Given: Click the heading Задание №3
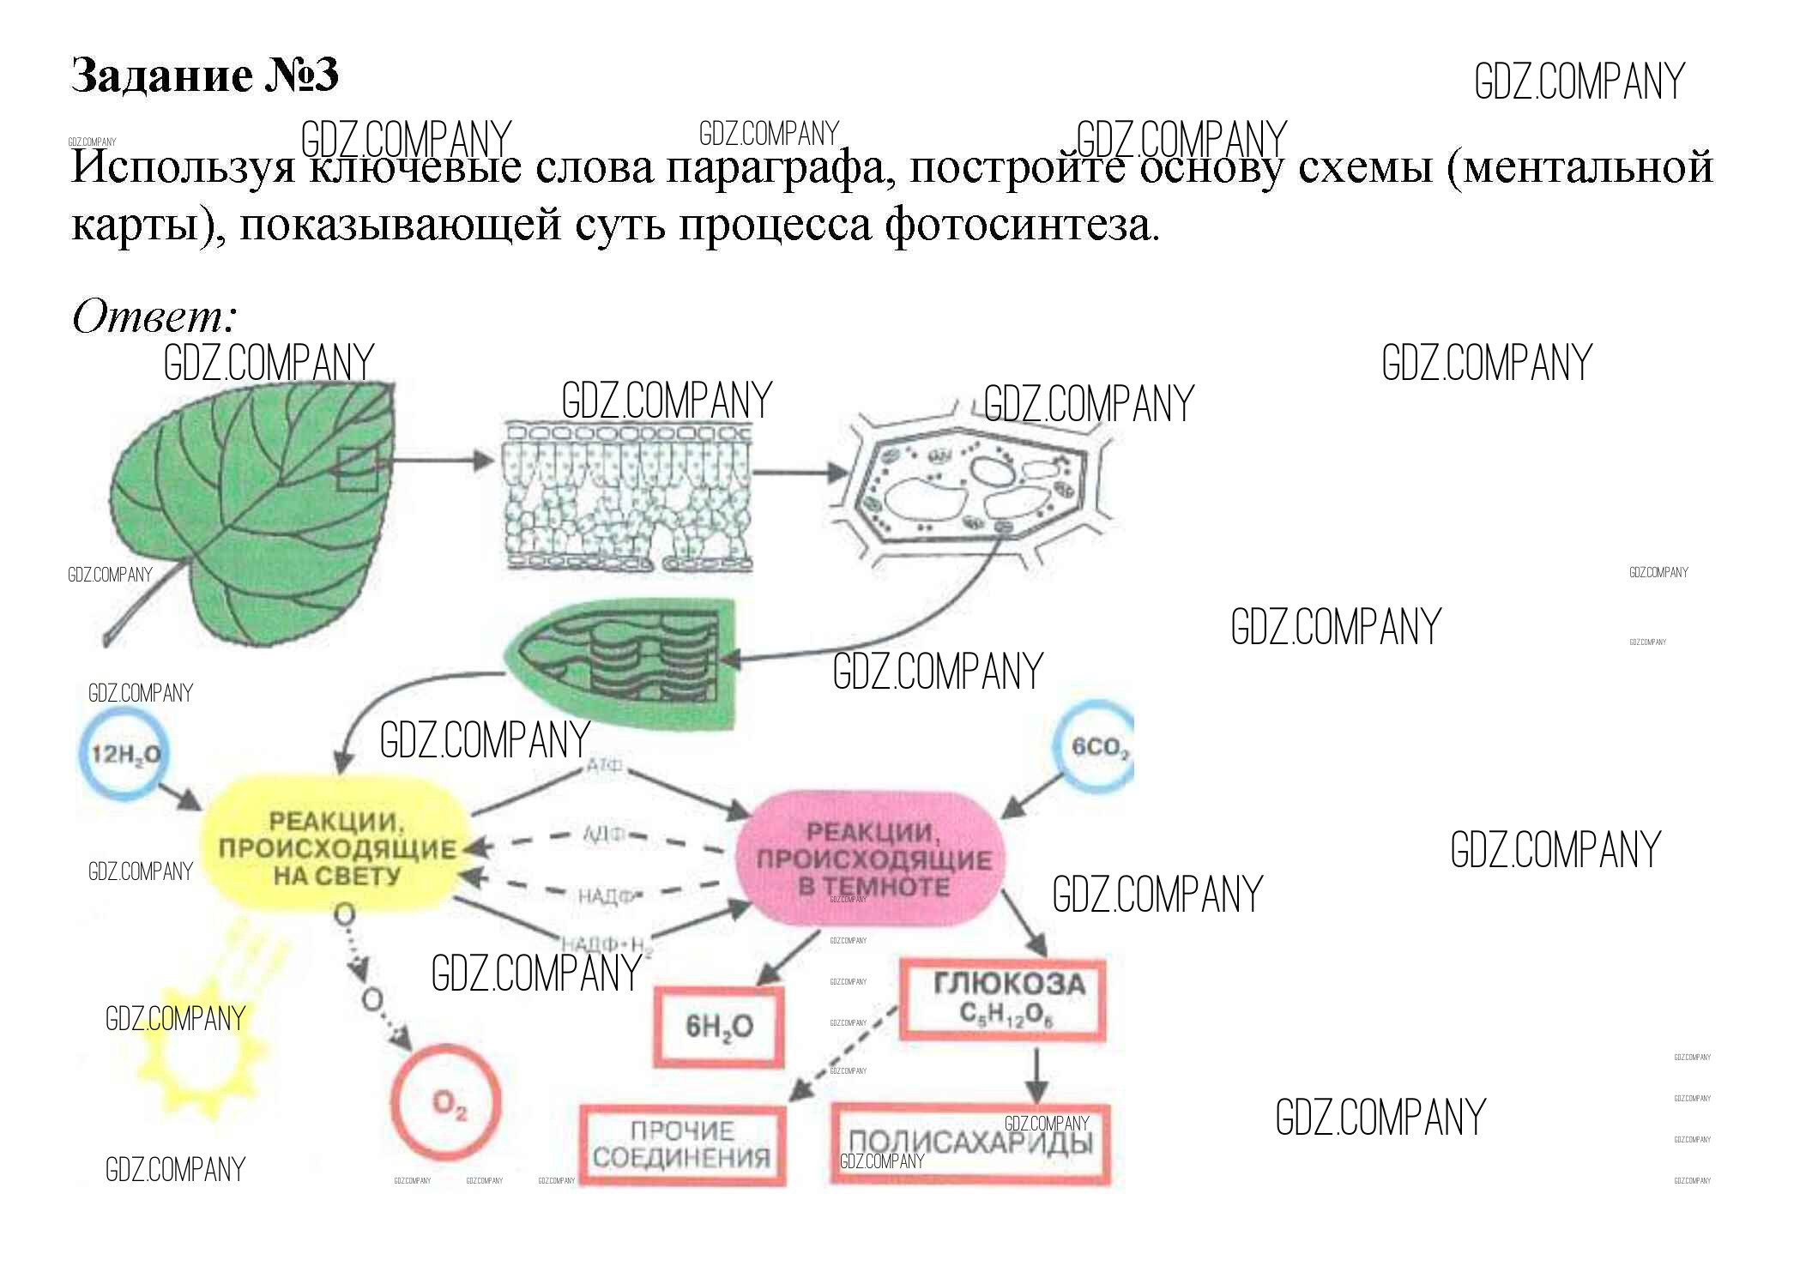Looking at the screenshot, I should pyautogui.click(x=204, y=75).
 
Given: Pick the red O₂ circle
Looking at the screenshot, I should pyautogui.click(x=447, y=1102).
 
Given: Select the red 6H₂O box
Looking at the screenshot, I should pyautogui.click(x=719, y=1027).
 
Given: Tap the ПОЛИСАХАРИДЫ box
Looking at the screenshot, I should pyautogui.click(x=971, y=1143).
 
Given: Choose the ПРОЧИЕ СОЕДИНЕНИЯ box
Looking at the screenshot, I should pyautogui.click(x=683, y=1145).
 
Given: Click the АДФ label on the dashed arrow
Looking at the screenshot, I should pyautogui.click(x=604, y=834).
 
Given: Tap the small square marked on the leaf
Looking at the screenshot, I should pyautogui.click(x=357, y=469).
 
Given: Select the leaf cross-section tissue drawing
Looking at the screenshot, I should pyautogui.click(x=627, y=495).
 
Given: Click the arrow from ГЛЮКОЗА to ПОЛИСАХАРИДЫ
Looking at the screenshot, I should pyautogui.click(x=1036, y=1072).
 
